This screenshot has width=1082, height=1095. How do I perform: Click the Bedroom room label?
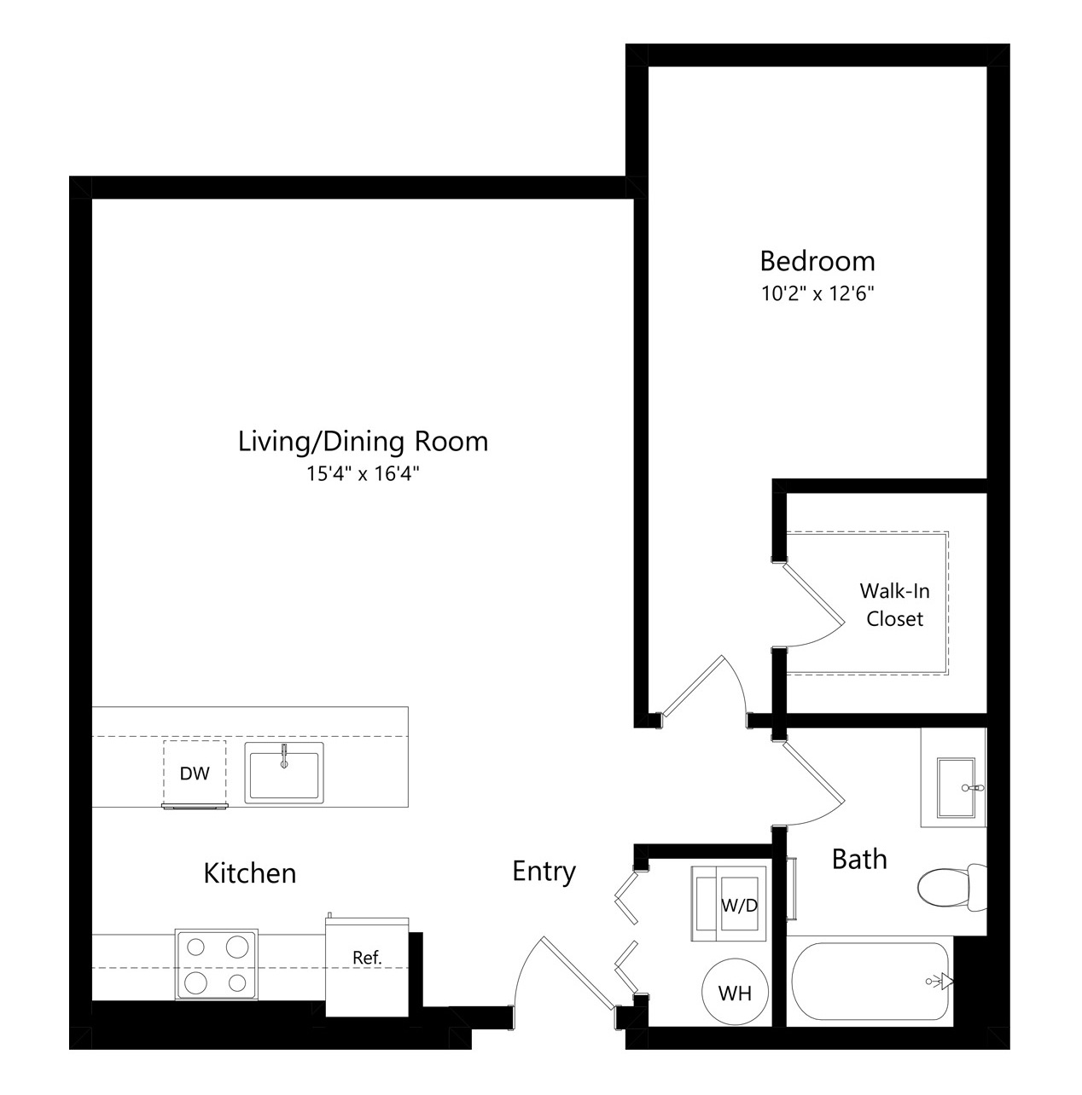pos(817,262)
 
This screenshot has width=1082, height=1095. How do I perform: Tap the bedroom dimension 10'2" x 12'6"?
pos(817,293)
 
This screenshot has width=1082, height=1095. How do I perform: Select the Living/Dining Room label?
pos(363,442)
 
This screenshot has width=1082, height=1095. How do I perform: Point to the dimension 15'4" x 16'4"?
pos(363,473)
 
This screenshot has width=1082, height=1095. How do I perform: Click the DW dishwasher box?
pos(195,773)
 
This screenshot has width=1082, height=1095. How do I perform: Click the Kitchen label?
pos(250,873)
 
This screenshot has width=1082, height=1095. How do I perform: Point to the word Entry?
pos(544,872)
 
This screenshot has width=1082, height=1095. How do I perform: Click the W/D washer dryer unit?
pos(729,904)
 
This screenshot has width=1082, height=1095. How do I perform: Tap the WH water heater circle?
pos(736,993)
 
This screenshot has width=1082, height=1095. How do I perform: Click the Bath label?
pos(859,860)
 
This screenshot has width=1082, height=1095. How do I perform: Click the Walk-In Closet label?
pos(894,605)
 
